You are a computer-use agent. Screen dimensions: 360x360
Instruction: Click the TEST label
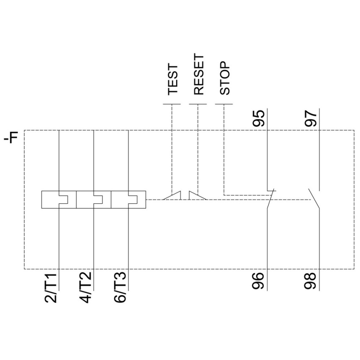(x=173, y=80)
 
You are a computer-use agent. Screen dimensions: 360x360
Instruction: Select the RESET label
(x=199, y=75)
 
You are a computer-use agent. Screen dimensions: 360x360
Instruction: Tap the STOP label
(x=225, y=78)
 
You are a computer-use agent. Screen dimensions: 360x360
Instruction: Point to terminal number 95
(x=259, y=119)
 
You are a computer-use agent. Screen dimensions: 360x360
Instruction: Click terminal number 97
(x=310, y=119)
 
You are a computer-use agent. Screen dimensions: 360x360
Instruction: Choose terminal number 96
(x=259, y=280)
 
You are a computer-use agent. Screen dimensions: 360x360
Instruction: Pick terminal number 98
(x=310, y=280)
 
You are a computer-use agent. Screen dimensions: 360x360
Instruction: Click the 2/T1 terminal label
(x=51, y=288)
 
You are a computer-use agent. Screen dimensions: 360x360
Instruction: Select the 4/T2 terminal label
(x=86, y=288)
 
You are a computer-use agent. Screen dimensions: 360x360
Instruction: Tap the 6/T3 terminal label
(x=120, y=288)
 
